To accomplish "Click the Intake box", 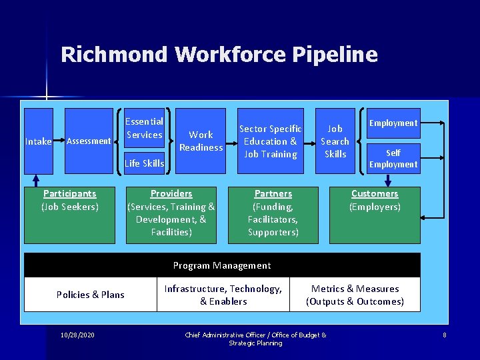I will [39, 141].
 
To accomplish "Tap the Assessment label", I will [89, 141].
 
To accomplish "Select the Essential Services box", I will [144, 128].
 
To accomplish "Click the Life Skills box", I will [145, 163].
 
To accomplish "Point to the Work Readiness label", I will [201, 141].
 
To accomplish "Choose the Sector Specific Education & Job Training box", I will [271, 141].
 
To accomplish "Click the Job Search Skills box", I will [335, 141].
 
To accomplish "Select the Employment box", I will [393, 123].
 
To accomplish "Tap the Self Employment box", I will [393, 159].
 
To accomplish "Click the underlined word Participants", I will [70, 193].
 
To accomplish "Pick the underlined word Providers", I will [171, 193].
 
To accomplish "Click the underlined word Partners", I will [273, 193].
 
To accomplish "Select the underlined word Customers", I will [375, 193].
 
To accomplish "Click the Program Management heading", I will [222, 265].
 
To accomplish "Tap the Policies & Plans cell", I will [91, 295].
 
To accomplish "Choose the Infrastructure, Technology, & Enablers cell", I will [223, 295].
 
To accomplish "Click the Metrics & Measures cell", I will [355, 295].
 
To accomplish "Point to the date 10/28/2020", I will [77, 334].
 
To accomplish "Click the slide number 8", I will [445, 334].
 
